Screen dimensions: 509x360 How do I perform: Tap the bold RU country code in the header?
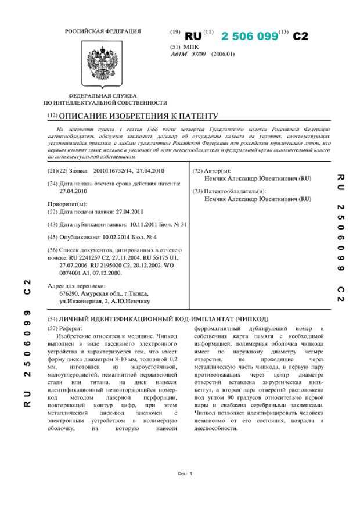point(193,36)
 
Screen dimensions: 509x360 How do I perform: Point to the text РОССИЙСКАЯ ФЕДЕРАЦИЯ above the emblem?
point(102,30)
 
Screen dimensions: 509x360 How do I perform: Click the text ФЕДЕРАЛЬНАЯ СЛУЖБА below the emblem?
point(102,95)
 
